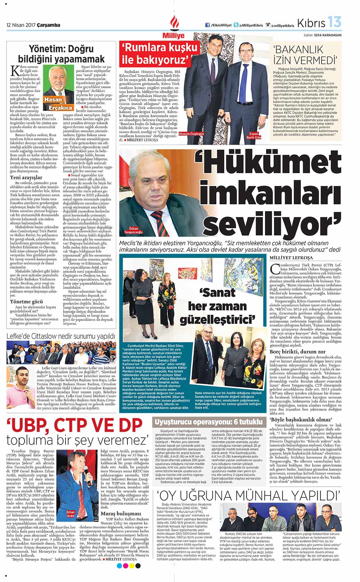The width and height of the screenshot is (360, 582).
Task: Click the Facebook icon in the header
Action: click(x=207, y=25)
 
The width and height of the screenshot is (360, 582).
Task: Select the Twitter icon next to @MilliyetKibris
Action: click(x=236, y=25)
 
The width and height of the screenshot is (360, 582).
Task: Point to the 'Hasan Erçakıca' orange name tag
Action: click(x=58, y=103)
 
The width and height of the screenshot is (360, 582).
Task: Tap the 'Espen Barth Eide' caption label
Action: click(x=253, y=136)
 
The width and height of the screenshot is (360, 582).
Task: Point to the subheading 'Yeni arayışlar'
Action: click(x=26, y=177)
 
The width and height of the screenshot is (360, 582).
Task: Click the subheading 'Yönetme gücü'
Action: click(x=27, y=302)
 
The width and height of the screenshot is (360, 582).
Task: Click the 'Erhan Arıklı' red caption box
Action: click(x=71, y=514)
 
